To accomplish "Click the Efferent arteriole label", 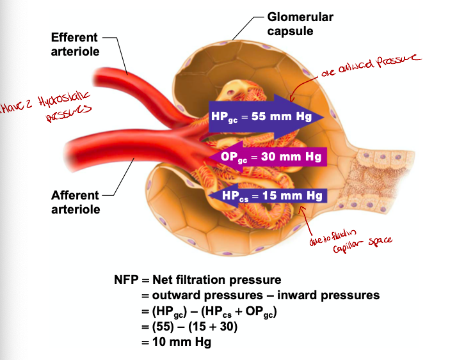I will pyautogui.click(x=75, y=45).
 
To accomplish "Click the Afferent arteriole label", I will pyautogui.click(x=75, y=202).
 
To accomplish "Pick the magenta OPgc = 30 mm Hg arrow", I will pyautogui.click(x=269, y=156).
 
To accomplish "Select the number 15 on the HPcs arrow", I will pyautogui.click(x=270, y=196).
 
